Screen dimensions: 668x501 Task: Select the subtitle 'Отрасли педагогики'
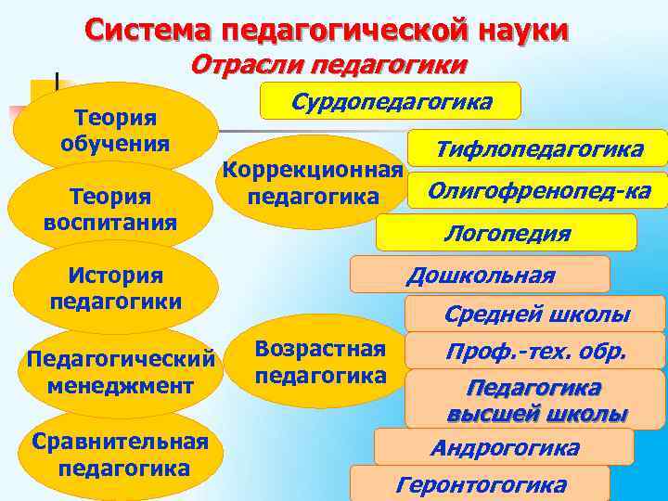point(329,65)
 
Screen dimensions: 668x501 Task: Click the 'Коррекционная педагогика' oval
point(313,184)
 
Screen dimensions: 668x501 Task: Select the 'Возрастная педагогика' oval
point(319,362)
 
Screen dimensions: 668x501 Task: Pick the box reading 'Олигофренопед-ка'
point(538,191)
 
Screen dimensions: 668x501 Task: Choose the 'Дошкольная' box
point(480,275)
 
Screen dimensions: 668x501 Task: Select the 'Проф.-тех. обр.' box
point(535,352)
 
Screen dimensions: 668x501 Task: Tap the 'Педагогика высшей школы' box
point(536,400)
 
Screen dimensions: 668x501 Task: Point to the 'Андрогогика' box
point(504,447)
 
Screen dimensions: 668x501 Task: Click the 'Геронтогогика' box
point(480,484)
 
